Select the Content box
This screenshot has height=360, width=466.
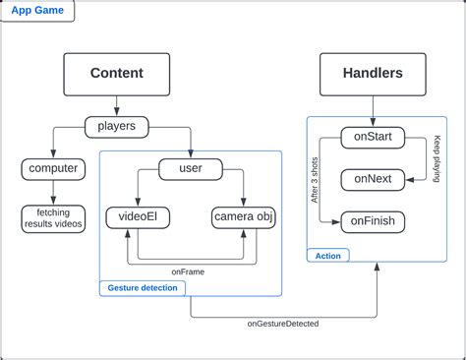[x=117, y=73]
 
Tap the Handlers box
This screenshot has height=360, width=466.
[x=373, y=73]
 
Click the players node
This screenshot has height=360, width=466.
[x=117, y=126]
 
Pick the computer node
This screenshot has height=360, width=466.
[x=53, y=168]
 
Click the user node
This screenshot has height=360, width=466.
[x=190, y=169]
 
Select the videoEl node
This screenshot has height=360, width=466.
[x=134, y=217]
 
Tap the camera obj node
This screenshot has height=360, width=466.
[x=242, y=217]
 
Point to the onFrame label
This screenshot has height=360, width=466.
[x=188, y=270]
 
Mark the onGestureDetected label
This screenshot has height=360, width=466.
[x=282, y=323]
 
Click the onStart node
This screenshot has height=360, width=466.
[x=372, y=137]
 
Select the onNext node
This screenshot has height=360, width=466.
[x=372, y=179]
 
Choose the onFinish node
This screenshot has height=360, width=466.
[x=373, y=221]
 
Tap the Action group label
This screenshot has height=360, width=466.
[x=327, y=256]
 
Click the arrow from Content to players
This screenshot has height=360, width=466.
[x=117, y=104]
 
